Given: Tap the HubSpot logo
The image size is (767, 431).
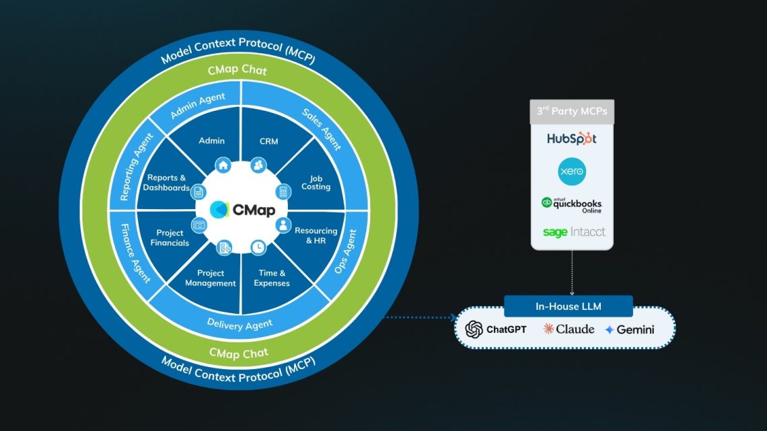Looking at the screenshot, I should point(571,139).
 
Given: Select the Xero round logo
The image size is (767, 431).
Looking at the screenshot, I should point(572,172).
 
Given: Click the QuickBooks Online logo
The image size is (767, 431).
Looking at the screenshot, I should point(572,204).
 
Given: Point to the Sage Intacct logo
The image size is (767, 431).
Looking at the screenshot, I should point(574,232).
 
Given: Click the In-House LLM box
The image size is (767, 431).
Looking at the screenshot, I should point(569,306).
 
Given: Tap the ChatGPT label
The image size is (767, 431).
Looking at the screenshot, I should point(496,329).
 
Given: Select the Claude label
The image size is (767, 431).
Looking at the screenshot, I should point(569,329).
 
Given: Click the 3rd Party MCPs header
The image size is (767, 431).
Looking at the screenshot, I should point(571,111).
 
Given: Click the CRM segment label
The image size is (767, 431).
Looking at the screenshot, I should point(268,141).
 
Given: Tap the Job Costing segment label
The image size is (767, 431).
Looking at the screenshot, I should point(316,182).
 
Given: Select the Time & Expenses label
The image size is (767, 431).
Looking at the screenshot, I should point(272,278).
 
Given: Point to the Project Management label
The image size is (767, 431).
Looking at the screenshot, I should point(211,278).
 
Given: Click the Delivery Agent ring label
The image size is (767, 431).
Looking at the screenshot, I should point(240,325).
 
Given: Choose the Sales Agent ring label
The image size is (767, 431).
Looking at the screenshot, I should point(322,128).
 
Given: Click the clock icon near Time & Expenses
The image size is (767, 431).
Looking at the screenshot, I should point(257,247).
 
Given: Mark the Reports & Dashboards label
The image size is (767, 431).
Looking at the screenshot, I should point(166,183).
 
